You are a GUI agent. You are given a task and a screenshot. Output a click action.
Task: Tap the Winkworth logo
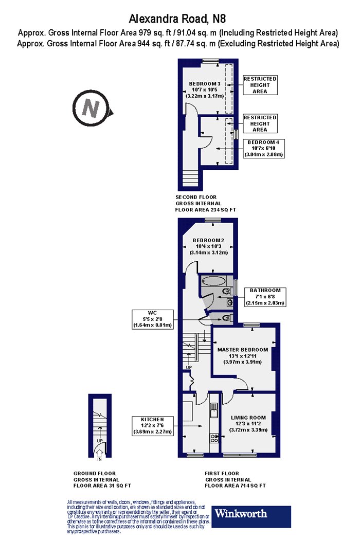click(x=251, y=516)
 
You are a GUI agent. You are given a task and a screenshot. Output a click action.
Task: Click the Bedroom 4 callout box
click(x=264, y=149)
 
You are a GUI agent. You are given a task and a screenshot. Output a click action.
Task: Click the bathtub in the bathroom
click(x=213, y=281)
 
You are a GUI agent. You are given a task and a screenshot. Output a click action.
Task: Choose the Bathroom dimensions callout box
click(x=265, y=297)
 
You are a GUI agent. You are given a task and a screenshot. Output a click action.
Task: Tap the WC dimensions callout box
click(x=153, y=319)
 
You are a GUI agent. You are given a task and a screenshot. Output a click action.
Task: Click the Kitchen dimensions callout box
click(x=153, y=426)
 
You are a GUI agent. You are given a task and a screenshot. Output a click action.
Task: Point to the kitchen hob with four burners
click(x=214, y=438)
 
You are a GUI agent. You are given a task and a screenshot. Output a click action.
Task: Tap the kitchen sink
click(x=214, y=410)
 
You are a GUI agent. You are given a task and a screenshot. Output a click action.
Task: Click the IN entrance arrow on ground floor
click(x=99, y=453)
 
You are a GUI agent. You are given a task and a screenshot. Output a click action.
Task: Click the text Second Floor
click(x=196, y=197)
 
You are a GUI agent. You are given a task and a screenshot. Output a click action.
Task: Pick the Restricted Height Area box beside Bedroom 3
click(x=260, y=85)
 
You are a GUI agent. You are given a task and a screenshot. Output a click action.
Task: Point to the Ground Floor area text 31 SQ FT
click(x=118, y=485)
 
